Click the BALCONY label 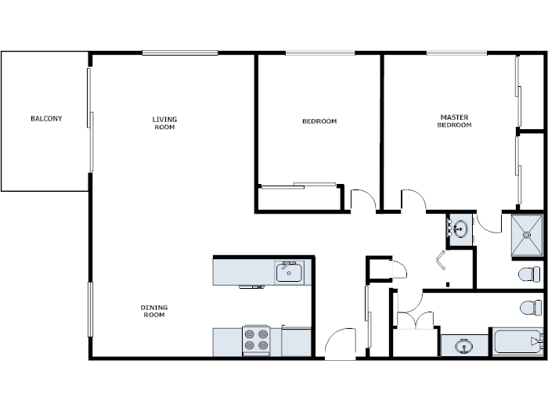[46, 119]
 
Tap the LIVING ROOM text [164, 123]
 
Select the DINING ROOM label [154, 311]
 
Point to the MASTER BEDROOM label [454, 121]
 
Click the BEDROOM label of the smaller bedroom [319, 121]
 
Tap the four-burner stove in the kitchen [256, 341]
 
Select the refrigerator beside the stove [297, 342]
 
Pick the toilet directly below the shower [530, 275]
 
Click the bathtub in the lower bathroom [516, 342]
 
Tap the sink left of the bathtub [463, 344]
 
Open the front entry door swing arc [340, 344]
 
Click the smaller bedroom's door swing [362, 200]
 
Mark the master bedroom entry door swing [413, 200]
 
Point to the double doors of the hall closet [414, 320]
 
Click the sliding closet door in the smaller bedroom [298, 186]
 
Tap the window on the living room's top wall [180, 52]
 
